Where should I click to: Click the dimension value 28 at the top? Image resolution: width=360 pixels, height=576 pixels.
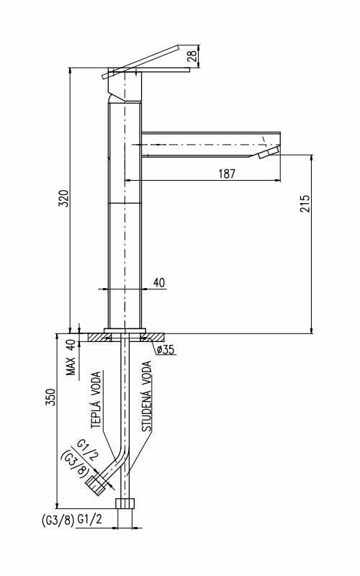pos(192,56)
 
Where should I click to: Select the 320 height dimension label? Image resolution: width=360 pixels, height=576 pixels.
pos(63,199)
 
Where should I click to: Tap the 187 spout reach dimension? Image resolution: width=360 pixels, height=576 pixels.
pos(227,174)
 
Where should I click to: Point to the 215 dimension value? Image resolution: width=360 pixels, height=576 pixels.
pos(305,204)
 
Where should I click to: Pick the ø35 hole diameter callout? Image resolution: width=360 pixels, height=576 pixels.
pos(165,349)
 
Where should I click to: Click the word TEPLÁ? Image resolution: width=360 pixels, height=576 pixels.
pos(96,413)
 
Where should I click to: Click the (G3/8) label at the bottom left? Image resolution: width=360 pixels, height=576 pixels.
pos(58,520)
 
